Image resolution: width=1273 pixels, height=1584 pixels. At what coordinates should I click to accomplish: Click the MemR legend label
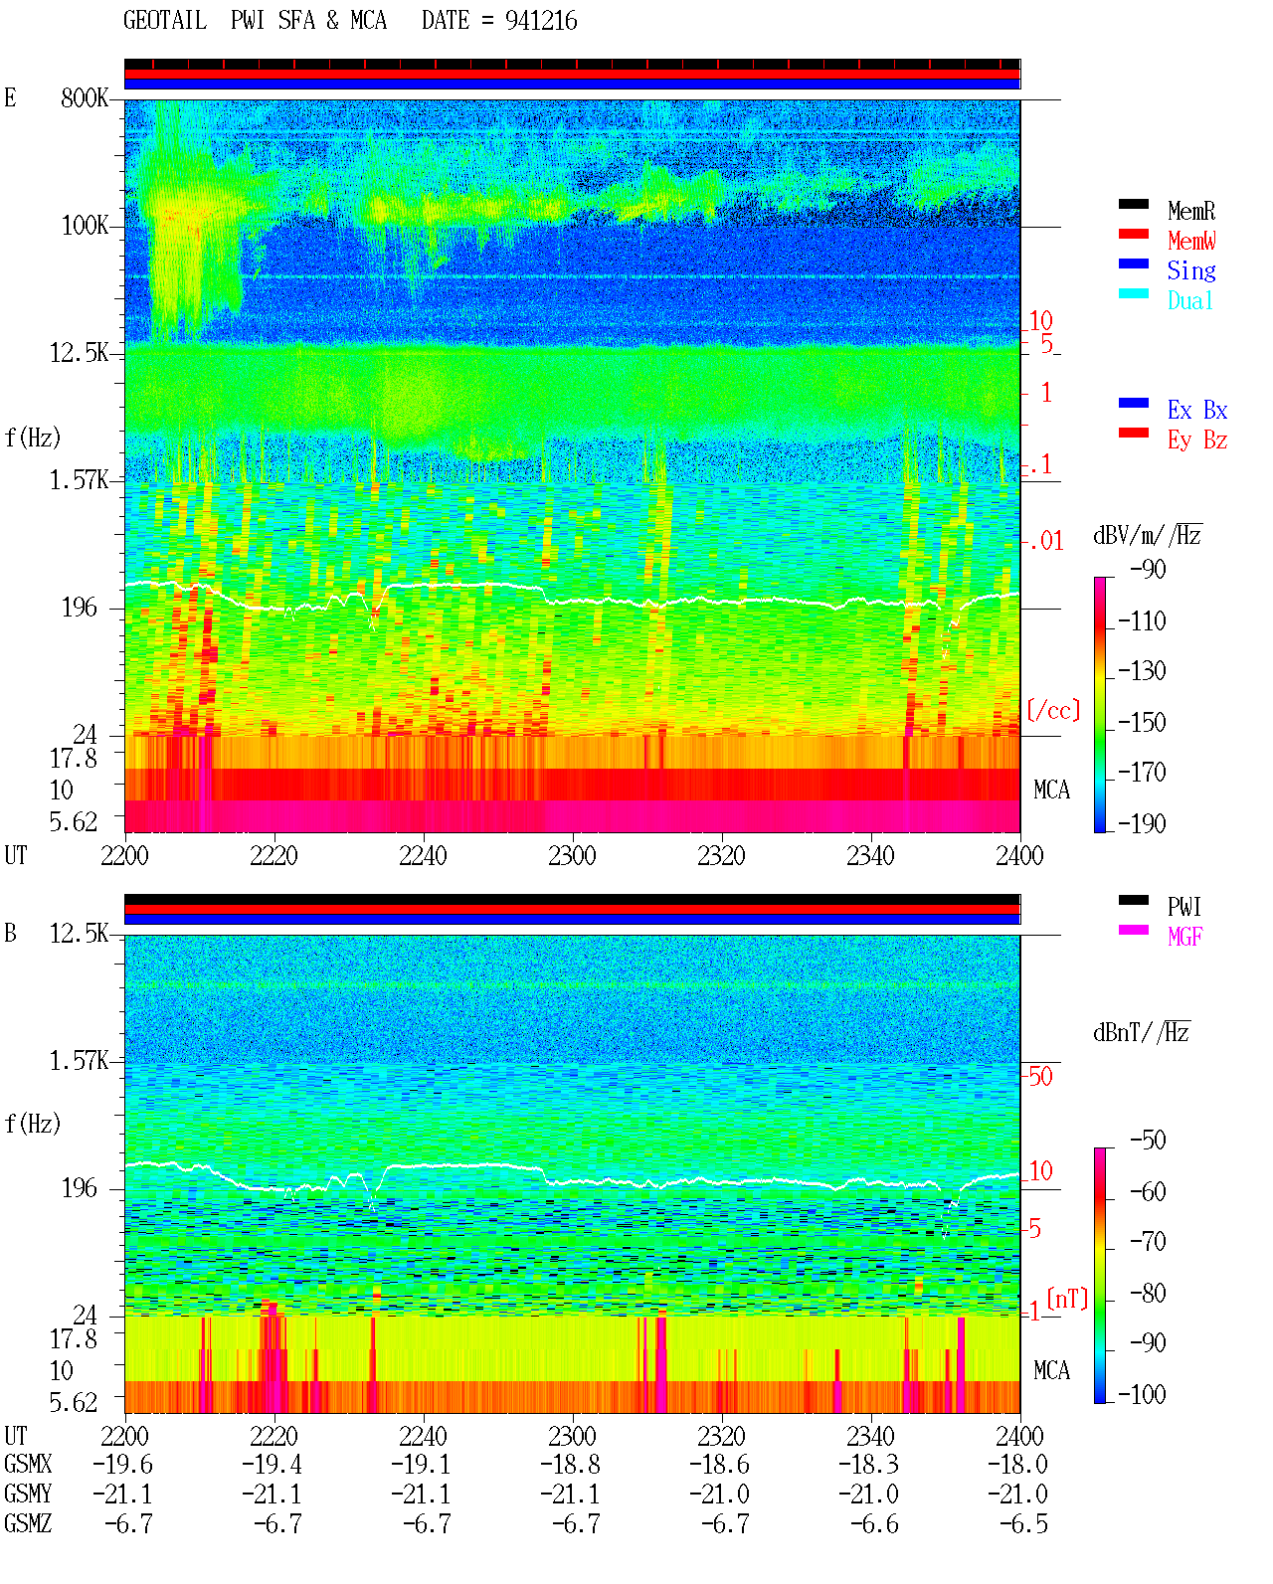1190,211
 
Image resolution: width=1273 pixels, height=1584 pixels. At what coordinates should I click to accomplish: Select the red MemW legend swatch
1133,234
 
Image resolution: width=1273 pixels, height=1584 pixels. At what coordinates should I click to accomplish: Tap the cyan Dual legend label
1189,300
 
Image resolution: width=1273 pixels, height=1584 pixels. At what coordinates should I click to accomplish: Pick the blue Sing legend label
1190,270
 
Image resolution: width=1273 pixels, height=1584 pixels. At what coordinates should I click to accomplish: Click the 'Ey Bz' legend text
1197,440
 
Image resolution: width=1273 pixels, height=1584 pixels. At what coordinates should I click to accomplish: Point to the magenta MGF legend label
1184,937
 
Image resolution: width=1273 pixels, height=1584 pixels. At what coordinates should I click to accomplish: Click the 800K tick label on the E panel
85,97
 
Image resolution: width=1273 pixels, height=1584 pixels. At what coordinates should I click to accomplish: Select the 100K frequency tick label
85,226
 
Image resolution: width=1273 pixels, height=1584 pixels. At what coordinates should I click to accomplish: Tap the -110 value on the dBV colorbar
1142,621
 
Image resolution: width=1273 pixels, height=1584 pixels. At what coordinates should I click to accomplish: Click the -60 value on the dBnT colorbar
1148,1191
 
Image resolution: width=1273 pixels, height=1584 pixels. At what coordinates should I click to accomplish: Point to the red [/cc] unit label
1053,710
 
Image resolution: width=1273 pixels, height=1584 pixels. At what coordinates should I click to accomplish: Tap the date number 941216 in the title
541,21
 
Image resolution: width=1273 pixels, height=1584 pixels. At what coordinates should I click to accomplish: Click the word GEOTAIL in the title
165,20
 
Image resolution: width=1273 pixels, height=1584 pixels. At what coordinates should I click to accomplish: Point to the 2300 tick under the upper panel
572,855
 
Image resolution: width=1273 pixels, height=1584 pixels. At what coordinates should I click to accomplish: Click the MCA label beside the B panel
1051,1370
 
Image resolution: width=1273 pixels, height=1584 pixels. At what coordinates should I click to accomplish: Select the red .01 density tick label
1045,542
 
